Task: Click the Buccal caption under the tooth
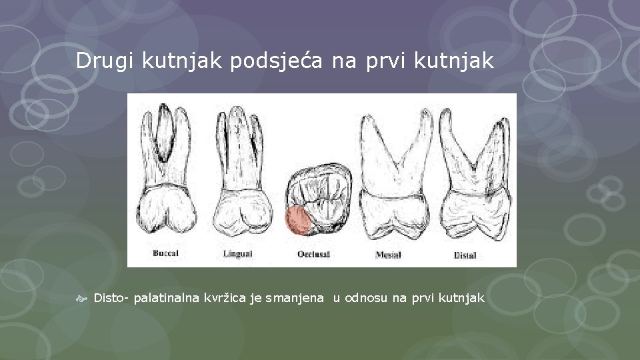click(165, 253)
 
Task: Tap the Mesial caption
click(389, 254)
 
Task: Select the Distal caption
click(465, 254)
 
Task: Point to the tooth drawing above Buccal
click(167, 173)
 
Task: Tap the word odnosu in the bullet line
click(366, 297)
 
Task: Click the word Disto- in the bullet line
click(111, 297)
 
